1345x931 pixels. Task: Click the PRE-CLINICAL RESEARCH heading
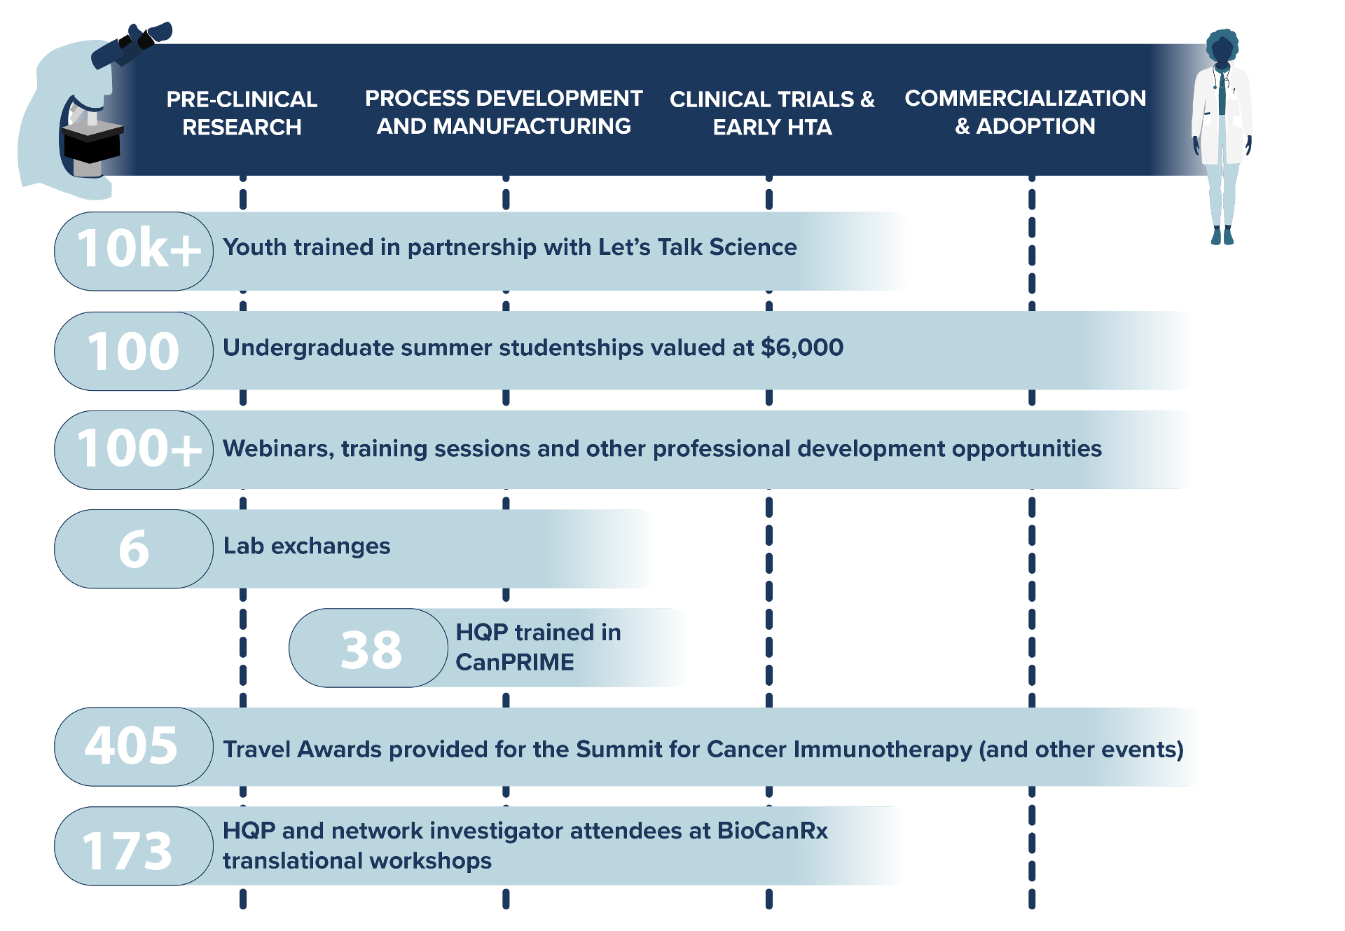[x=242, y=113]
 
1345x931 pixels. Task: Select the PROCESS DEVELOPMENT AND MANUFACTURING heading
[x=504, y=112]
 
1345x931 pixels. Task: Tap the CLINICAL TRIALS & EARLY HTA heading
[x=772, y=113]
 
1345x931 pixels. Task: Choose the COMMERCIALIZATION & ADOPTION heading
[x=1025, y=112]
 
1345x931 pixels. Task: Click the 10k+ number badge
[x=134, y=251]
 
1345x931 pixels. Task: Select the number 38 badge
[x=368, y=648]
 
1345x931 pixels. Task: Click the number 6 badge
[x=134, y=549]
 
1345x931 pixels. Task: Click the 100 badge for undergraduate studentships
[x=134, y=351]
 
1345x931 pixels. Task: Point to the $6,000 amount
[x=802, y=347]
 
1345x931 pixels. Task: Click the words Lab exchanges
[x=307, y=546]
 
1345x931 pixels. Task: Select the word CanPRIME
[x=515, y=662]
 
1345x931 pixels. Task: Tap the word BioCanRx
[x=773, y=830]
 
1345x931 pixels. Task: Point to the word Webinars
[x=279, y=448]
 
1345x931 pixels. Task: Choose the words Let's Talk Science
[x=697, y=247]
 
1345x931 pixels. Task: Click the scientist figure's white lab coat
[x=1223, y=116]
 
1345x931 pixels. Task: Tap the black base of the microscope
[x=92, y=142]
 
